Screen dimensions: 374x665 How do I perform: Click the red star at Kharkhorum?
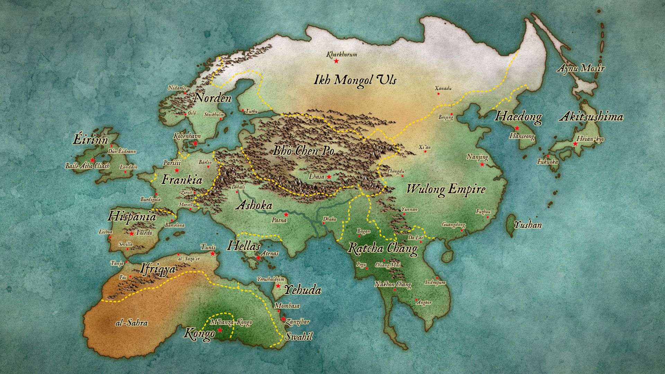click(336, 61)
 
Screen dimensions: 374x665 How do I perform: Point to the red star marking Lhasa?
click(329, 177)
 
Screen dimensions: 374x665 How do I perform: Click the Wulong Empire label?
click(446, 189)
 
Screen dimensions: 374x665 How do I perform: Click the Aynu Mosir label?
click(580, 68)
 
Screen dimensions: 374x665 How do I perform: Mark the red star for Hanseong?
click(517, 128)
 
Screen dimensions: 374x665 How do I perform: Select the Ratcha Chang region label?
click(382, 249)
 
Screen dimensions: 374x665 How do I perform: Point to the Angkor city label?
click(424, 302)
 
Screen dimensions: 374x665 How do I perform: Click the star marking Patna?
click(286, 214)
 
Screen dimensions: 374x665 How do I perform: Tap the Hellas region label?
click(243, 247)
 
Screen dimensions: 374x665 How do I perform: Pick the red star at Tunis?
click(213, 253)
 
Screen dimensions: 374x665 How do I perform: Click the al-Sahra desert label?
click(131, 323)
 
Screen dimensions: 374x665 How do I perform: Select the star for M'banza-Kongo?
click(220, 330)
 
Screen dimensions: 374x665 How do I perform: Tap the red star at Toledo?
click(132, 233)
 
